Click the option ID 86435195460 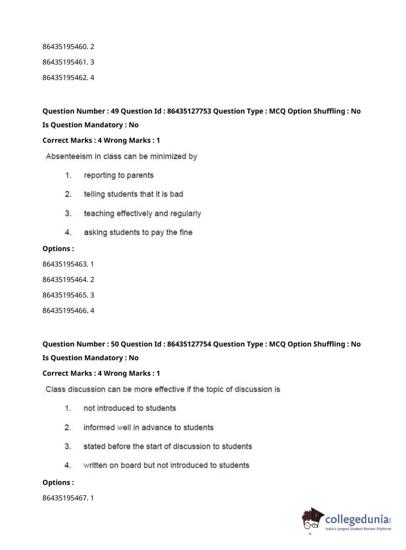[x=65, y=47]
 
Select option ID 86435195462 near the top [x=65, y=77]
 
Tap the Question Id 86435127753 [x=189, y=111]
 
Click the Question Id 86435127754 [x=189, y=344]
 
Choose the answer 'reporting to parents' [x=118, y=175]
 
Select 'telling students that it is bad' [x=133, y=194]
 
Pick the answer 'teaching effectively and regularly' [x=142, y=213]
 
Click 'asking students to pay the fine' [x=138, y=232]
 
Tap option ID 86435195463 [x=65, y=264]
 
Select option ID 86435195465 [x=65, y=295]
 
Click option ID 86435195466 [x=65, y=310]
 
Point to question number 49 [x=115, y=111]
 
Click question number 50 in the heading [x=115, y=344]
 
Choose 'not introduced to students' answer [x=129, y=408]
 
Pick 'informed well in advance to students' [x=148, y=428]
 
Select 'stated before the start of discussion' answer [x=168, y=447]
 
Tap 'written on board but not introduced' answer [x=166, y=466]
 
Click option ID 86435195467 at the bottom [x=65, y=498]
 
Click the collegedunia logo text [x=357, y=519]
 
